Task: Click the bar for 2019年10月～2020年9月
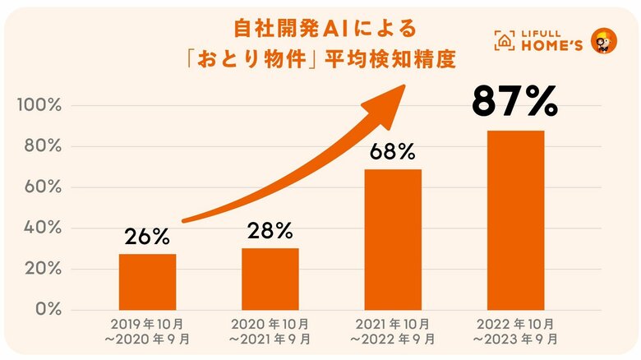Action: point(147,281)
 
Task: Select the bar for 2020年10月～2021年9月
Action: point(270,279)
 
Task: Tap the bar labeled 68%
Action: point(393,239)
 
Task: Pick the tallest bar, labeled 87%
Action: point(515,219)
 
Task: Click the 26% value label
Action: point(147,238)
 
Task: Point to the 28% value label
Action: point(270,232)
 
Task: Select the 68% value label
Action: point(393,152)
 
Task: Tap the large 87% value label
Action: point(515,103)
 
